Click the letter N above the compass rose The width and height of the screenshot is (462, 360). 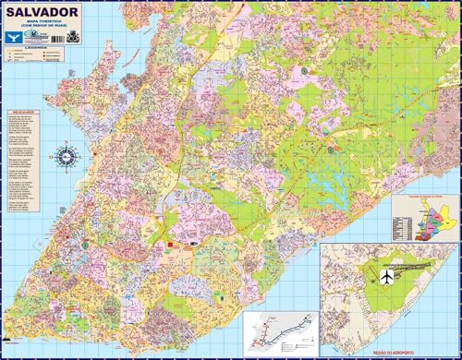[67, 142]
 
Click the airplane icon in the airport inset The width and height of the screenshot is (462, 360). [359, 276]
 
